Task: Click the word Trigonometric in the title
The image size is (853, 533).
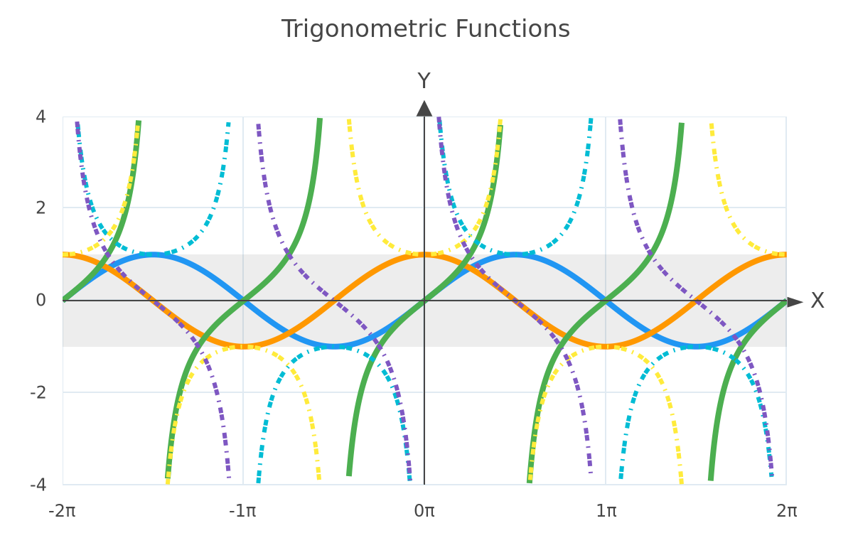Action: (364, 30)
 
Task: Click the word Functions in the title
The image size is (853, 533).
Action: (513, 29)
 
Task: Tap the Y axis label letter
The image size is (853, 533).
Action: (424, 81)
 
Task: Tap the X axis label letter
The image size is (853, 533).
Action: (817, 301)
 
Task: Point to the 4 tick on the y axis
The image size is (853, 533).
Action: (41, 117)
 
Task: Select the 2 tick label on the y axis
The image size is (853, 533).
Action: (41, 208)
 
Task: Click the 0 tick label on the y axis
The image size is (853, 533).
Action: (41, 301)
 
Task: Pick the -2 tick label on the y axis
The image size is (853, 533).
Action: (38, 392)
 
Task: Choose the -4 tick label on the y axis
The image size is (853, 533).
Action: (38, 485)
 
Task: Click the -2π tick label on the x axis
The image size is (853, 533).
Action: (62, 511)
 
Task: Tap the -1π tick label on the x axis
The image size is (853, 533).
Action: (242, 511)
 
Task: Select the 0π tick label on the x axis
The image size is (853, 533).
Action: (424, 511)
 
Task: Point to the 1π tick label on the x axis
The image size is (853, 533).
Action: (606, 511)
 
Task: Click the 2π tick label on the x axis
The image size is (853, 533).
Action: (787, 511)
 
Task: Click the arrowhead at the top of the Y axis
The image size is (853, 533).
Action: (424, 109)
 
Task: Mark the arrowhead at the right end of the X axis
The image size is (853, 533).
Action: (795, 302)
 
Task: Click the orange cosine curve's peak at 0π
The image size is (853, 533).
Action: (424, 254)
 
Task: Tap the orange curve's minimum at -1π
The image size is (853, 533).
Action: (243, 347)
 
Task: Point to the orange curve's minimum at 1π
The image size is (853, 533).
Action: (606, 347)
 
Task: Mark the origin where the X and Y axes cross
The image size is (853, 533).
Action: (424, 301)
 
